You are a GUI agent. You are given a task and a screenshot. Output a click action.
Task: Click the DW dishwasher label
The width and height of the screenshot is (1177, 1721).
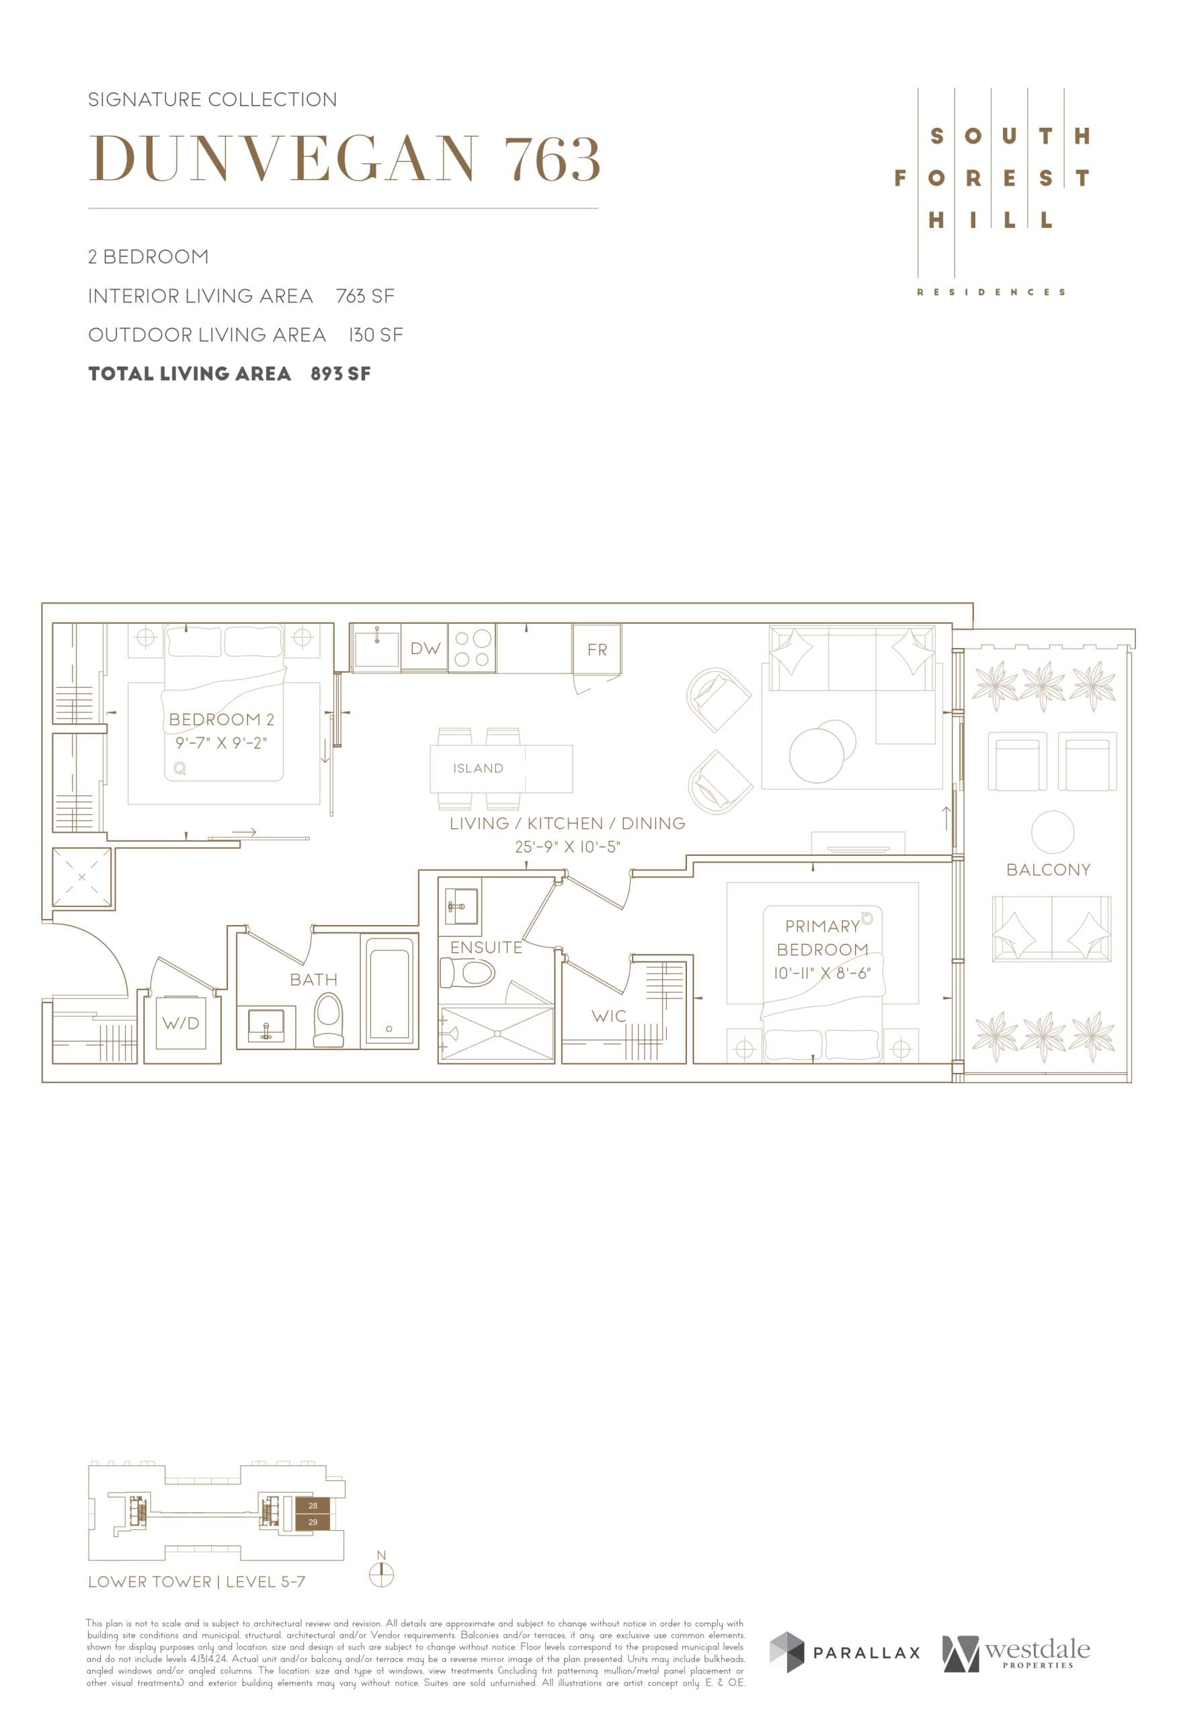click(x=425, y=649)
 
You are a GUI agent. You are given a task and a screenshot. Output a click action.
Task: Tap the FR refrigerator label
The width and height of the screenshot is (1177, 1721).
click(x=597, y=649)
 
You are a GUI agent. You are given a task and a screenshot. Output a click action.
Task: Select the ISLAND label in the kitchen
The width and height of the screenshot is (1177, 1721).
click(x=478, y=768)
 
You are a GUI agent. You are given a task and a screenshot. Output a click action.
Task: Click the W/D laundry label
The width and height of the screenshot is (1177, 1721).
click(x=181, y=1023)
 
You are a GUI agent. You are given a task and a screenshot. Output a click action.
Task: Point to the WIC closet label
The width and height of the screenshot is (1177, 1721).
click(x=608, y=1016)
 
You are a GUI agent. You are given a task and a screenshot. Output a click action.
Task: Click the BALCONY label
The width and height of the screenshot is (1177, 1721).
click(x=1047, y=869)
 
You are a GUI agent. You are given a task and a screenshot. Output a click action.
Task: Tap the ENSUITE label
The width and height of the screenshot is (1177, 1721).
click(x=485, y=947)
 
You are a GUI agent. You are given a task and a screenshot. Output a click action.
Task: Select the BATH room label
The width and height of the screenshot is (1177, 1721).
click(x=313, y=979)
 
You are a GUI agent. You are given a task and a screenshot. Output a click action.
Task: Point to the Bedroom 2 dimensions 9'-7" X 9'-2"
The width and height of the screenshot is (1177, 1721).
click(x=220, y=743)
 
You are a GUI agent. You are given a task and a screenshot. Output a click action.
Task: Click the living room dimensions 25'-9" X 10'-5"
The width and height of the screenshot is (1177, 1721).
click(x=567, y=846)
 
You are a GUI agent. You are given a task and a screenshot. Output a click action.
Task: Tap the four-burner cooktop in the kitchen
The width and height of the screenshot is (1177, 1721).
click(x=473, y=648)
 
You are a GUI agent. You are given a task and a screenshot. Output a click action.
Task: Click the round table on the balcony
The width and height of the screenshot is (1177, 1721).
click(x=1052, y=832)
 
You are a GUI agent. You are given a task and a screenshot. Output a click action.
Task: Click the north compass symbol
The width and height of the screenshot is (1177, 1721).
click(x=381, y=1575)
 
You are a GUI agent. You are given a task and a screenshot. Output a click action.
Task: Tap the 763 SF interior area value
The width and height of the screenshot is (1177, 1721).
click(x=365, y=296)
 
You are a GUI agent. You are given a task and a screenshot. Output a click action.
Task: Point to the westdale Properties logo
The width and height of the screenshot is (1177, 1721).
click(x=1016, y=1652)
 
